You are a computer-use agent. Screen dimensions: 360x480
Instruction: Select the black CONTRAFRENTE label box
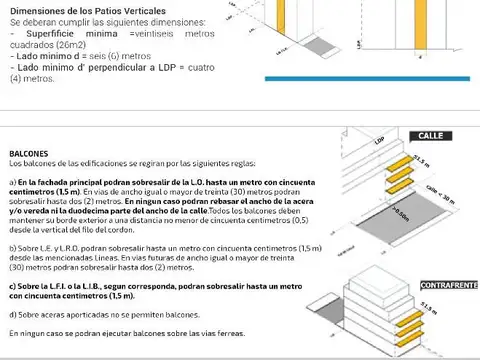pyautogui.click(x=449, y=285)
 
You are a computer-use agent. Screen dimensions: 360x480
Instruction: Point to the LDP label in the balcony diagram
pyautogui.click(x=379, y=142)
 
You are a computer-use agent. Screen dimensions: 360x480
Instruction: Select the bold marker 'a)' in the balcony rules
pyautogui.click(x=13, y=182)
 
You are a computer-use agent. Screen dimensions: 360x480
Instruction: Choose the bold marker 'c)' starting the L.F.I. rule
pyautogui.click(x=13, y=286)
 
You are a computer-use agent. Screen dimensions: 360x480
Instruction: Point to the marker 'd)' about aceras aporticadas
pyautogui.click(x=13, y=314)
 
